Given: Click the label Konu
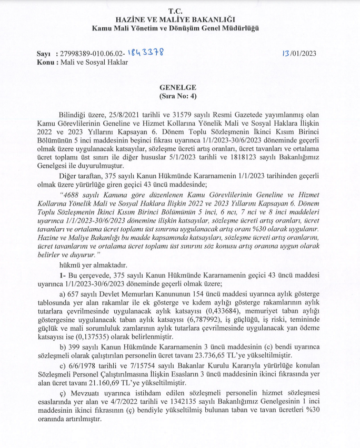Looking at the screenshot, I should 45,62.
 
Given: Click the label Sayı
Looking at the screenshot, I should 44,54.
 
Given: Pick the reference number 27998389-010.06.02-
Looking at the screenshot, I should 93,54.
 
